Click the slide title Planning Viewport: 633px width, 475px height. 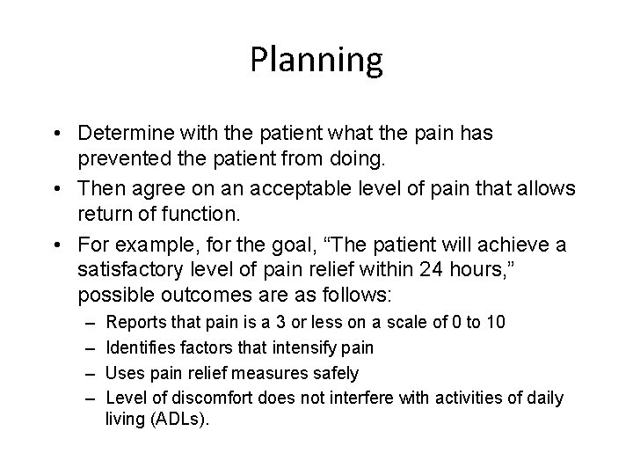(x=316, y=61)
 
